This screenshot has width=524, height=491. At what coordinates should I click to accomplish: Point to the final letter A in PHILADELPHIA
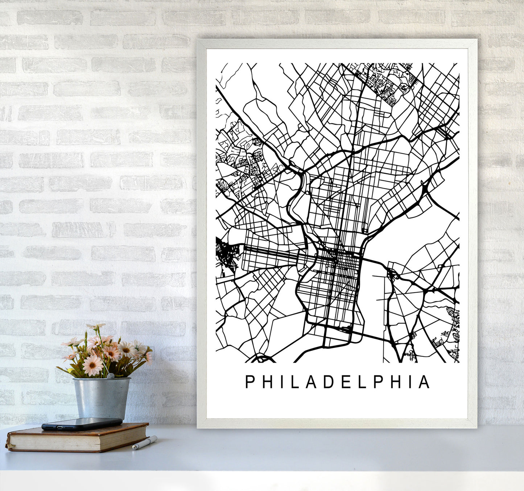(x=424, y=382)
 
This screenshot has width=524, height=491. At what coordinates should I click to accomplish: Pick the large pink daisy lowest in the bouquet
(x=92, y=365)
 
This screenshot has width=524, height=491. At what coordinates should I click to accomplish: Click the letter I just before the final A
(x=409, y=382)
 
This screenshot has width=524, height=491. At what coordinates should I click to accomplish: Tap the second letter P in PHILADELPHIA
(x=376, y=382)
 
